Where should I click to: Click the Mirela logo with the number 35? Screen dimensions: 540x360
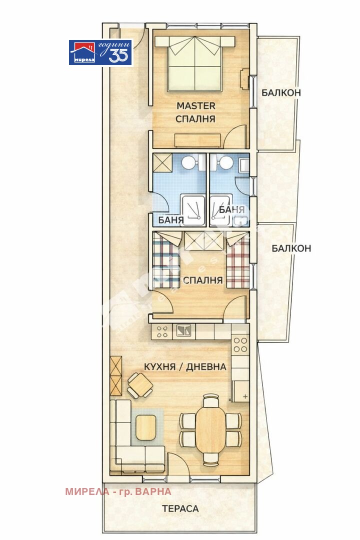pyautogui.click(x=100, y=52)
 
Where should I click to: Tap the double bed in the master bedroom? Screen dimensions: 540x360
pyautogui.click(x=194, y=66)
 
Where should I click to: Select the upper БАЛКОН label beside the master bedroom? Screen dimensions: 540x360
pyautogui.click(x=281, y=92)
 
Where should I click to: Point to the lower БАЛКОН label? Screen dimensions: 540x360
pyautogui.click(x=291, y=248)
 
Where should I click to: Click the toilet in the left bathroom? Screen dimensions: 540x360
pyautogui.click(x=189, y=162)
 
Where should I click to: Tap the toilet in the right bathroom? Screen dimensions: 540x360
pyautogui.click(x=225, y=162)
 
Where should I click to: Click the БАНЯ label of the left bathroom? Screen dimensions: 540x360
pyautogui.click(x=171, y=220)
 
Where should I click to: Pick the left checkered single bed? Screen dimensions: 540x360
pyautogui.click(x=164, y=262)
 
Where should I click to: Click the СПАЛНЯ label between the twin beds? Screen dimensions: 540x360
pyautogui.click(x=202, y=280)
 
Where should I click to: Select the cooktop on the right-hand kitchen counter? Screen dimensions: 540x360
pyautogui.click(x=240, y=344)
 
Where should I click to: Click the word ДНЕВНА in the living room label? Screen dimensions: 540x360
pyautogui.click(x=206, y=366)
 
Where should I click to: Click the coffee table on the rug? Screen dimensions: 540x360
pyautogui.click(x=146, y=427)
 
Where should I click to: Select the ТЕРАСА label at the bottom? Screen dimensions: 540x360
pyautogui.click(x=180, y=509)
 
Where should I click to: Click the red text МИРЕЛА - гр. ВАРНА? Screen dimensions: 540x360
pyautogui.click(x=118, y=491)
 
